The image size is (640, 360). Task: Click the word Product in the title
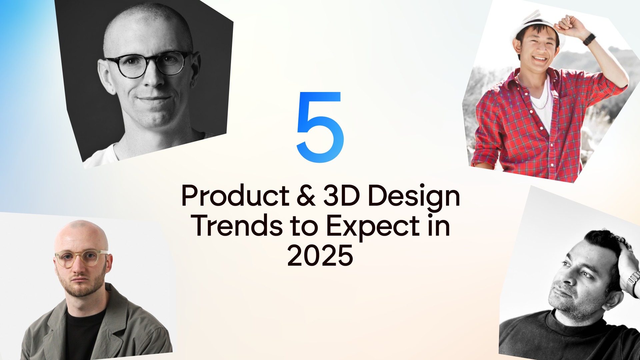tap(235, 196)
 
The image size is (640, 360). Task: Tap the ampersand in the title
tap(306, 196)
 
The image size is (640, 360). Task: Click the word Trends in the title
tap(237, 226)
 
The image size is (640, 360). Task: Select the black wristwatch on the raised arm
tap(589, 39)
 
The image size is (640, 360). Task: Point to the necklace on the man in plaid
tap(542, 100)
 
